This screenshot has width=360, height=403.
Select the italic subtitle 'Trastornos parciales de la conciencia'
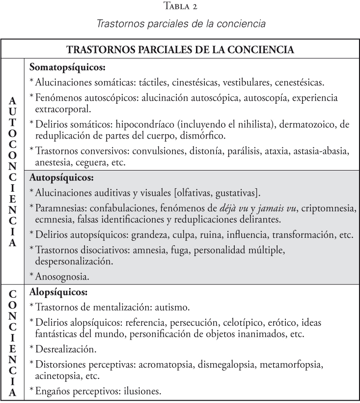tap(180, 23)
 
